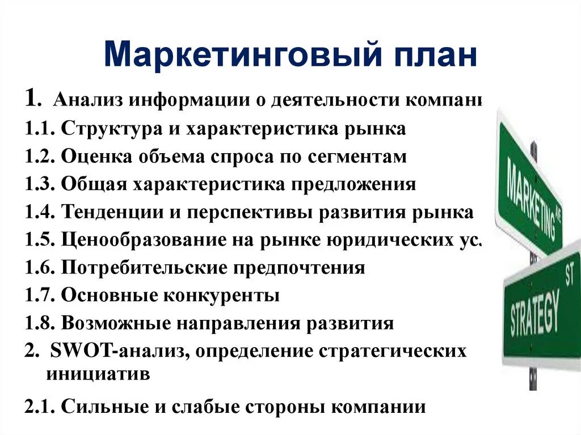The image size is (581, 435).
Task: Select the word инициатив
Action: pos(97,375)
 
